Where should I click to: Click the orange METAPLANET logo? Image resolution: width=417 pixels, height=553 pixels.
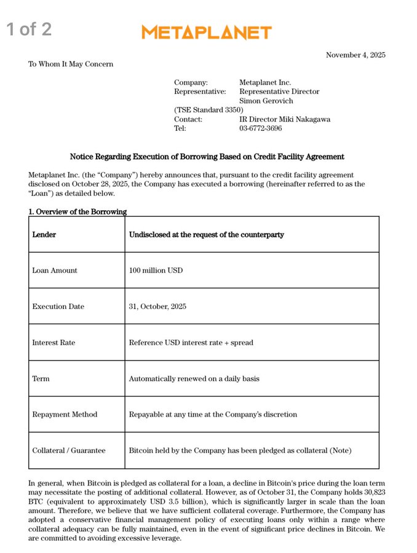point(206,33)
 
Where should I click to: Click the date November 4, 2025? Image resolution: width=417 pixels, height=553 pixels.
point(355,55)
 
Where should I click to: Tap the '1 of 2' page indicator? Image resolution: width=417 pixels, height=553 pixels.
point(29,29)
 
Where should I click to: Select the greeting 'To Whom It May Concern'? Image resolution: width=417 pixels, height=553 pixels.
point(71,64)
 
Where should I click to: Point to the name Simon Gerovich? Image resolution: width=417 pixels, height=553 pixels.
point(266,101)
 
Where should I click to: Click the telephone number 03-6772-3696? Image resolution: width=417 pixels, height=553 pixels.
point(261,128)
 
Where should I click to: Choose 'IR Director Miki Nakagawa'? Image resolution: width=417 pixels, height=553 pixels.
point(285,119)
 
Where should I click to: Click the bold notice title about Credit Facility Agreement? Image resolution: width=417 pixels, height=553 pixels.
point(207,157)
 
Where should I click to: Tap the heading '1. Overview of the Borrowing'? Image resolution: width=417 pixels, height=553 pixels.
point(77,211)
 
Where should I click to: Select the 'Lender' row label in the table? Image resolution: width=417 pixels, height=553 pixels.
point(44,235)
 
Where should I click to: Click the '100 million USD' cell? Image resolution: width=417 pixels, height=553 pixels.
point(156,270)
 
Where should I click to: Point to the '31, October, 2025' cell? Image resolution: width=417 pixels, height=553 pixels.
point(157,307)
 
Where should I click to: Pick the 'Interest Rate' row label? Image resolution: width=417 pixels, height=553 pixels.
point(54,342)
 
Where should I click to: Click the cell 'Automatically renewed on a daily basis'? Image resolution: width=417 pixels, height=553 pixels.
point(194,378)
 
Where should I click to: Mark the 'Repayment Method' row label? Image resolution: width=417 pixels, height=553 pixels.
point(65,414)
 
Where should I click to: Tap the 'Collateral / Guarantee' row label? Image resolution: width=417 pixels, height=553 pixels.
point(69,450)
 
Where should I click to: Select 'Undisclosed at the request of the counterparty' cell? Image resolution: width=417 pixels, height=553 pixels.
point(206,235)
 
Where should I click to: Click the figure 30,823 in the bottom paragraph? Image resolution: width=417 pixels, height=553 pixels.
point(373,493)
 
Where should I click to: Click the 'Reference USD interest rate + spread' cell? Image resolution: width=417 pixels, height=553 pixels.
point(191,342)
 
